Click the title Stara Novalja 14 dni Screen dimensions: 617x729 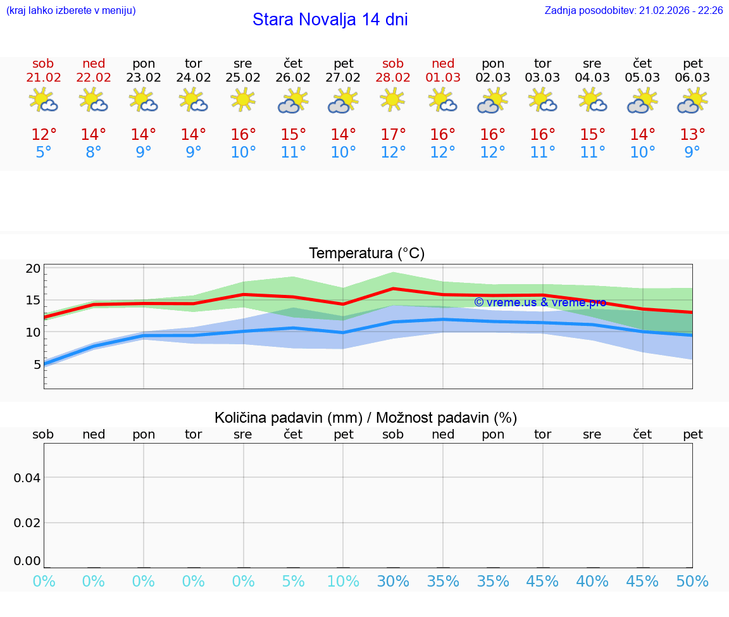[x=330, y=20]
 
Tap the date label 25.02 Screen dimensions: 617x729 [x=243, y=78]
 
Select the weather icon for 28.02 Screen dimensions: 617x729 [x=393, y=99]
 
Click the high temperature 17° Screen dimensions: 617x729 [x=393, y=135]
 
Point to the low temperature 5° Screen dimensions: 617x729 [x=44, y=153]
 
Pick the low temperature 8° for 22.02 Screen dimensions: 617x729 [x=94, y=153]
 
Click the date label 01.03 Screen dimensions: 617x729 [x=443, y=78]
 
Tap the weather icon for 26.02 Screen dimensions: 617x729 [x=293, y=101]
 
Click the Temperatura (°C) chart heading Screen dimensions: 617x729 [x=366, y=254]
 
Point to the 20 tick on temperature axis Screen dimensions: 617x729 [x=34, y=268]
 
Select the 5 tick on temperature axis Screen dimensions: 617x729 [x=37, y=364]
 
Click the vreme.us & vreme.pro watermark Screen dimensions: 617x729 [x=540, y=302]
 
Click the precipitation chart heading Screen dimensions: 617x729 [x=366, y=418]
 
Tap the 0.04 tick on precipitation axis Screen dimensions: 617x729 [x=27, y=478]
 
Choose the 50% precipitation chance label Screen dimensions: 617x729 [x=692, y=582]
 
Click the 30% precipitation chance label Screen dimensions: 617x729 [x=393, y=582]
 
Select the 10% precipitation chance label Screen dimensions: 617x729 [x=343, y=582]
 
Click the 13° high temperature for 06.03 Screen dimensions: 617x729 [x=692, y=135]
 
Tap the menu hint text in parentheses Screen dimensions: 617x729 [x=71, y=11]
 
